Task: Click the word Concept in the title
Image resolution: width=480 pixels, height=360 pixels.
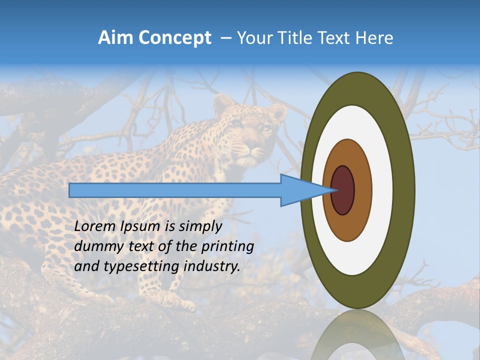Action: (x=174, y=38)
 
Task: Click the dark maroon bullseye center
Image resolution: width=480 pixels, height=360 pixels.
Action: (x=343, y=190)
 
